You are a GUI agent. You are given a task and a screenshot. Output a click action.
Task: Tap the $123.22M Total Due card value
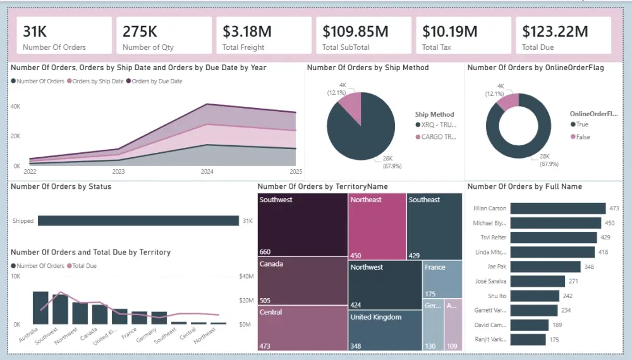(x=552, y=31)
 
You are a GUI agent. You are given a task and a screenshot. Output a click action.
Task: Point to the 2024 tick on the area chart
(x=207, y=172)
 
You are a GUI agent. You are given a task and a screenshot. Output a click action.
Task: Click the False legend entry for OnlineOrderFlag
(x=582, y=137)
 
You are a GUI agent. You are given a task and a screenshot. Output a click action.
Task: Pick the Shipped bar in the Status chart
(x=138, y=221)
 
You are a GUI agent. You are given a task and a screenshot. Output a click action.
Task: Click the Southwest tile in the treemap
(x=303, y=225)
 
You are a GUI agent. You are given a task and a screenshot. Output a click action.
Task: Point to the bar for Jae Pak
(x=545, y=267)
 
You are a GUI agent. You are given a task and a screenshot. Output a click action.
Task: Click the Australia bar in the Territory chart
(x=40, y=308)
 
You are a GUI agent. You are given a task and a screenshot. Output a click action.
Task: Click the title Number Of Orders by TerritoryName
(x=322, y=187)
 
